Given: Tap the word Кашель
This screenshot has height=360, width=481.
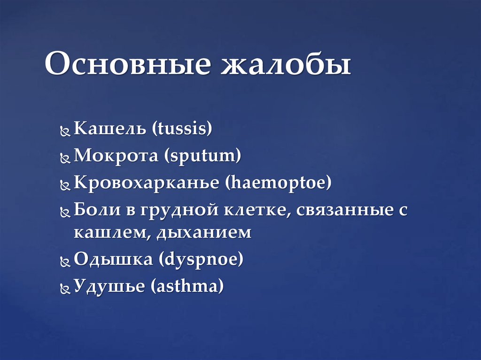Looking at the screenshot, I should coord(110,129).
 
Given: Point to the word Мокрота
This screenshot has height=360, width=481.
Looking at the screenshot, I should coord(116,156).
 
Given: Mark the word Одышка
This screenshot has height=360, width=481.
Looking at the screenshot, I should coord(113,260).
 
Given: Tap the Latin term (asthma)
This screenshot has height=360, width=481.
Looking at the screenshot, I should coord(187,286).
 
